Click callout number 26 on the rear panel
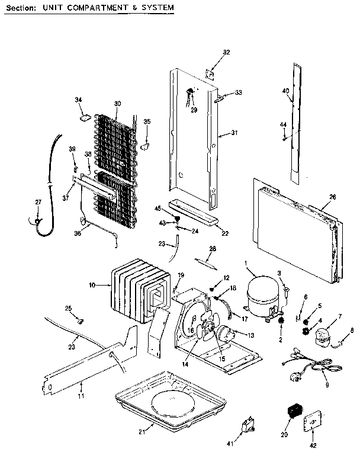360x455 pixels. tap(332, 197)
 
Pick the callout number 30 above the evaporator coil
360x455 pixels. tap(117, 104)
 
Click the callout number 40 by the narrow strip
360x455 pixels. tap(285, 91)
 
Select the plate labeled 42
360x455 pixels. tap(309, 423)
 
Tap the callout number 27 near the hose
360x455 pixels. tap(38, 203)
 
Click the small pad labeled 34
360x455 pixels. tap(84, 117)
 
